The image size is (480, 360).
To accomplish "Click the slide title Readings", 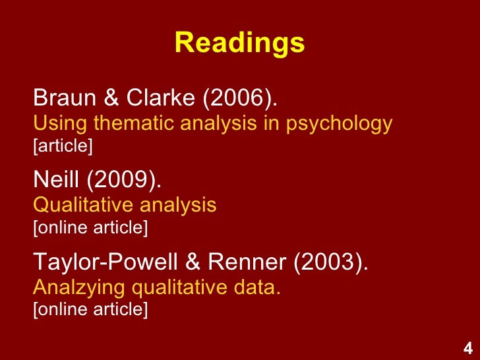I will click(240, 44).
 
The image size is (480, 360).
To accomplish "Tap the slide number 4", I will click(467, 349).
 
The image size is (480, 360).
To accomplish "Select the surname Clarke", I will click(160, 99).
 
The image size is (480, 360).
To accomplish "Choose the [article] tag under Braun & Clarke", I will click(63, 145).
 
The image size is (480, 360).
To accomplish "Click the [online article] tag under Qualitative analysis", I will click(90, 227).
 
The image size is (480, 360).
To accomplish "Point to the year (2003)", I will click(331, 264).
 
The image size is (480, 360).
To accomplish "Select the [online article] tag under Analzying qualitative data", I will click(90, 310).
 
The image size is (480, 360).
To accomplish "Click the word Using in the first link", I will click(53, 123).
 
